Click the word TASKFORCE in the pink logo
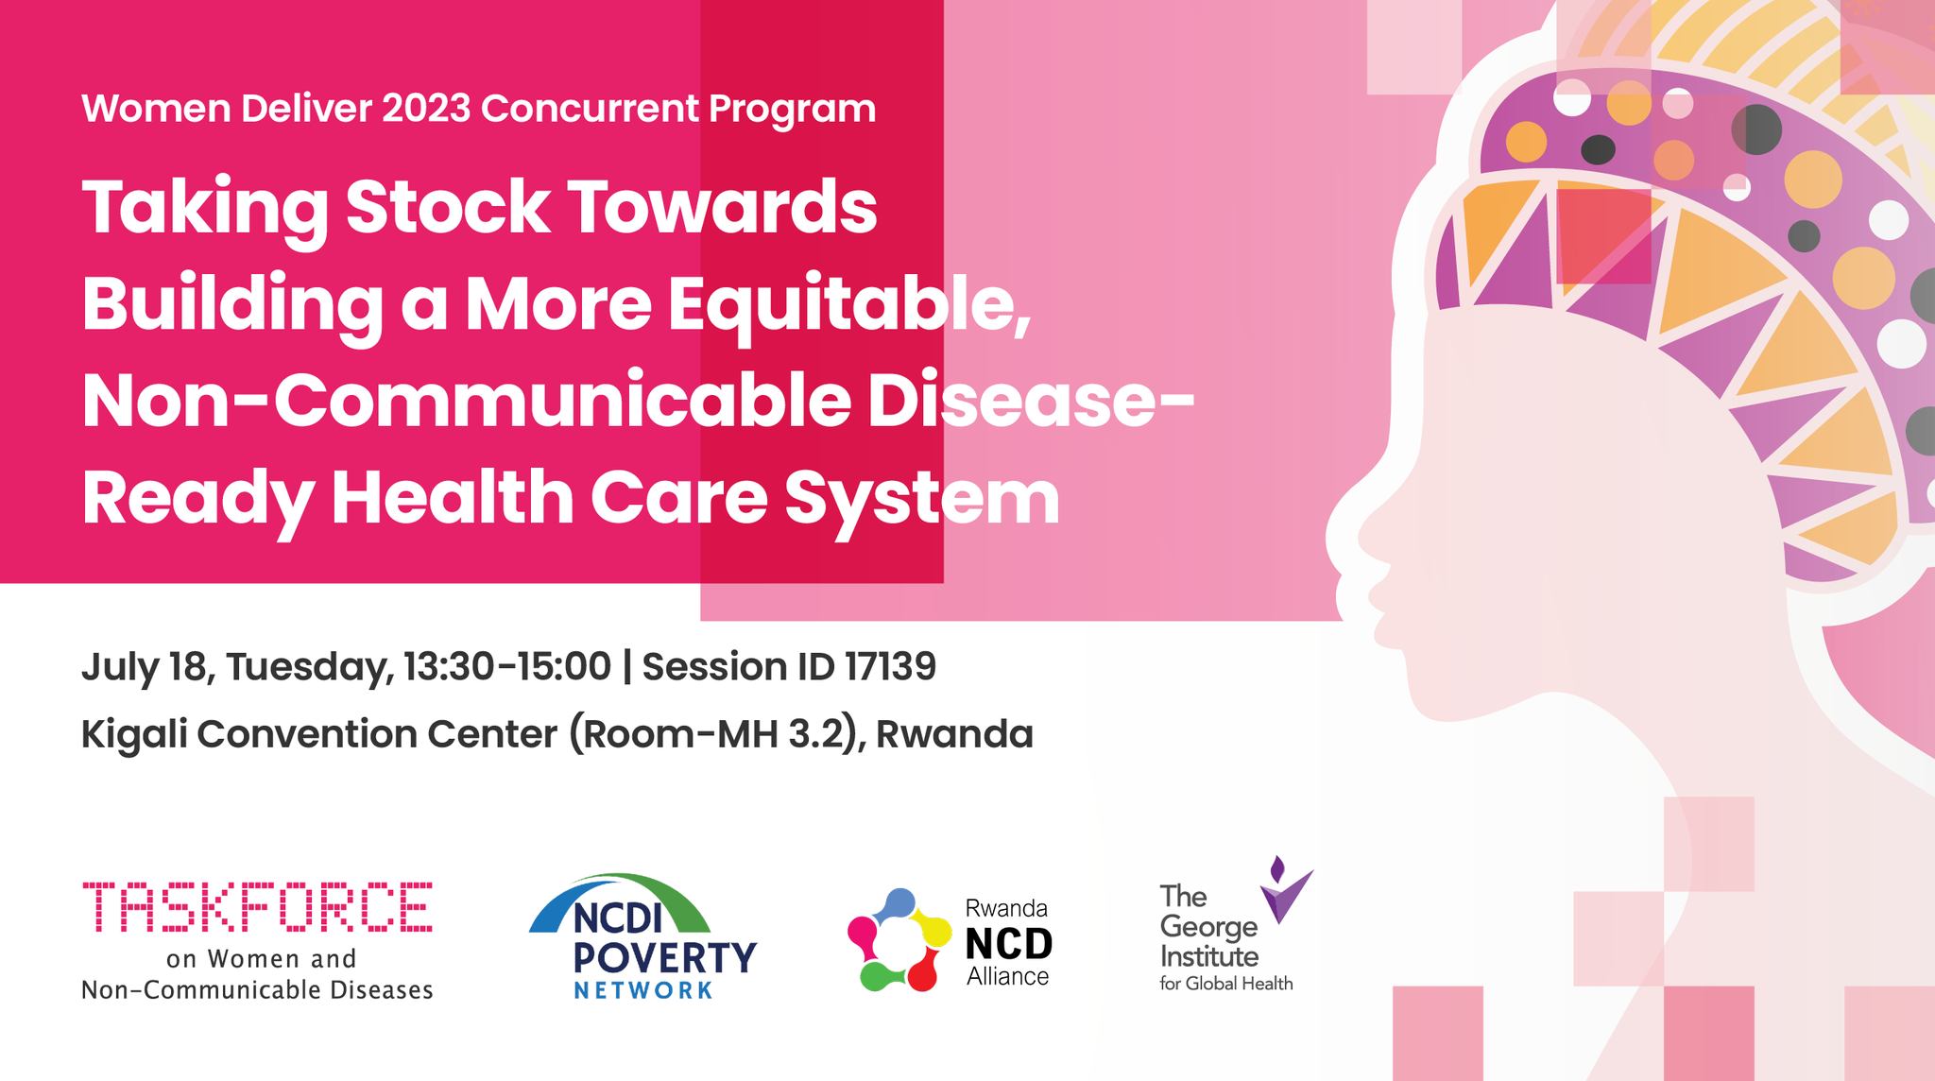257,907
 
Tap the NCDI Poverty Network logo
642,936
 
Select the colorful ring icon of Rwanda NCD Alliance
898,940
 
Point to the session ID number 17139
889,666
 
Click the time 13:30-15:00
507,666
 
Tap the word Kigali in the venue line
134,734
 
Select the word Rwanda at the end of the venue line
954,734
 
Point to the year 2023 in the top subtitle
426,109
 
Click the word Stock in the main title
447,207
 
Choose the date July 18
144,666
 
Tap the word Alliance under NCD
1007,977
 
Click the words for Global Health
1225,984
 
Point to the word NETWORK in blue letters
642,990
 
